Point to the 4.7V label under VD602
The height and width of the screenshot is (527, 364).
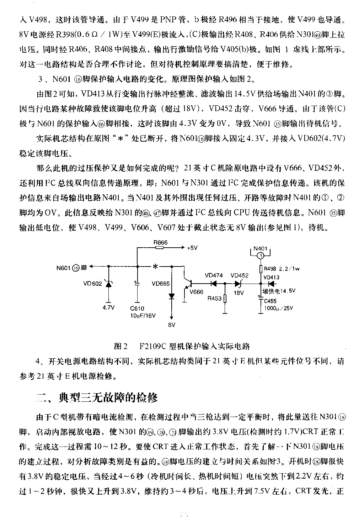click(108, 308)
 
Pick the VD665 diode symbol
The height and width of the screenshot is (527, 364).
click(172, 296)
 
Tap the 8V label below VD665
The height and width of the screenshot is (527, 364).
click(172, 325)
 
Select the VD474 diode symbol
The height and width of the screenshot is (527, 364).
click(214, 284)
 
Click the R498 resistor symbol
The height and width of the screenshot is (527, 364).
click(261, 269)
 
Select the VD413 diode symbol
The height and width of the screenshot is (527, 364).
click(271, 284)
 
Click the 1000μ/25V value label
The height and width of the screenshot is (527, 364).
click(279, 309)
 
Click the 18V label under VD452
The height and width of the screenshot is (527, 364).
click(239, 293)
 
